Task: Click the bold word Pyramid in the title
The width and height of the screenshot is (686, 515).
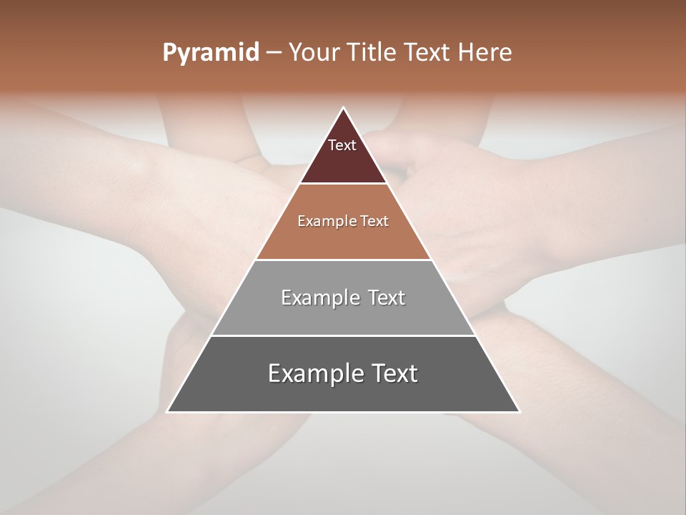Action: (x=210, y=53)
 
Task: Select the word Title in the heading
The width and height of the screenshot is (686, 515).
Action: (x=372, y=53)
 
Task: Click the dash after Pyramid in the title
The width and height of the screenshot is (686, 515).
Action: (x=274, y=53)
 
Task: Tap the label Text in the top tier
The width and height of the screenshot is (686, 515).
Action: (x=342, y=145)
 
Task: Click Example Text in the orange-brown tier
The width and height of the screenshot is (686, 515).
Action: (x=343, y=221)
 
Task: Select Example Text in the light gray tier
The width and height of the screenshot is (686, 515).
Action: (x=343, y=298)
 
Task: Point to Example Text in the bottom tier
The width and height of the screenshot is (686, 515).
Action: (x=343, y=373)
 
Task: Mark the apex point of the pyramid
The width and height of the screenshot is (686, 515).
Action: (x=343, y=108)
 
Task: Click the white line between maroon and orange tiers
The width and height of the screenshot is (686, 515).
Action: (x=343, y=184)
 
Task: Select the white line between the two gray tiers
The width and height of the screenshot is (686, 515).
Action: (x=343, y=335)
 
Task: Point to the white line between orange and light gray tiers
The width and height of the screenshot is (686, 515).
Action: (x=343, y=260)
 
